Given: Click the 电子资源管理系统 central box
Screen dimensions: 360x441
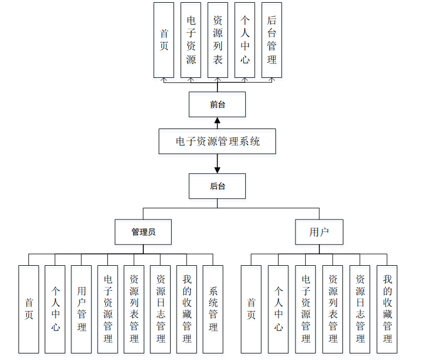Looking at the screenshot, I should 217,142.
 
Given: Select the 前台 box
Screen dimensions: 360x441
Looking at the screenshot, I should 217,105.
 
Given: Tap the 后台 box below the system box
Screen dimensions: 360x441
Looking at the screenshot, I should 217,186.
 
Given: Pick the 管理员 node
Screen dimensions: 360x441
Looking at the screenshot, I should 143,232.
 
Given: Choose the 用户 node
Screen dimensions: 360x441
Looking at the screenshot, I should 319,232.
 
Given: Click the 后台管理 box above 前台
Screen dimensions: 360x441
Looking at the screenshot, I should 271,40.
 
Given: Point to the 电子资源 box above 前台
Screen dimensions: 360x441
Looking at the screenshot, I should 191,40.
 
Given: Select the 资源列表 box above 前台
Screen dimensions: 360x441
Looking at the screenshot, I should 218,40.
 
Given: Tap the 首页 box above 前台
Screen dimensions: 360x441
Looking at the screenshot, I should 164,40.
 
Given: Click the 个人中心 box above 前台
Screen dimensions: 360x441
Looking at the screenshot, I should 245,40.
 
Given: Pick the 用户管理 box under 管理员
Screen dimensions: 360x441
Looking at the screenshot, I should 81,309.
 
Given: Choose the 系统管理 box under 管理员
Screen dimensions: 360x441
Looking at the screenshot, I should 213,309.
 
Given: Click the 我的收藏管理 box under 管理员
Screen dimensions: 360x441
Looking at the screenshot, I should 187,309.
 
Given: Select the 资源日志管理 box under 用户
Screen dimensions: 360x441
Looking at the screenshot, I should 360,309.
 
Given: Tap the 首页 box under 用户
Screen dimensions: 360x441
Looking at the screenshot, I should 251,309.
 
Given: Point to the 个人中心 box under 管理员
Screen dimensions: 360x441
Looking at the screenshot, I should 55,309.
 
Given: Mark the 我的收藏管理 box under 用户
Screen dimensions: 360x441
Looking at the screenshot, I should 387,309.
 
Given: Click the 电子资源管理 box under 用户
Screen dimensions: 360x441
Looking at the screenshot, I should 305,309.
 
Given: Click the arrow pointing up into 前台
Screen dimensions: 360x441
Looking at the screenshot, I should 218,121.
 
